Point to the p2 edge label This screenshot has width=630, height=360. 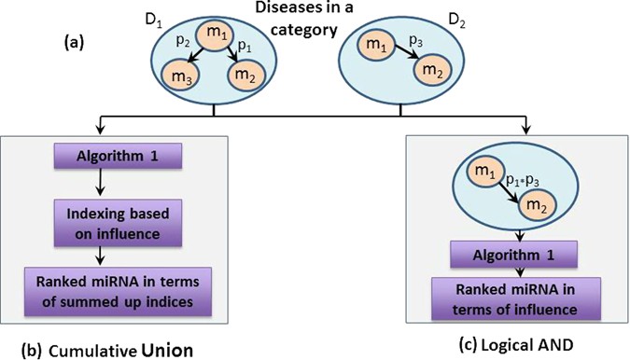pyautogui.click(x=184, y=44)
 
